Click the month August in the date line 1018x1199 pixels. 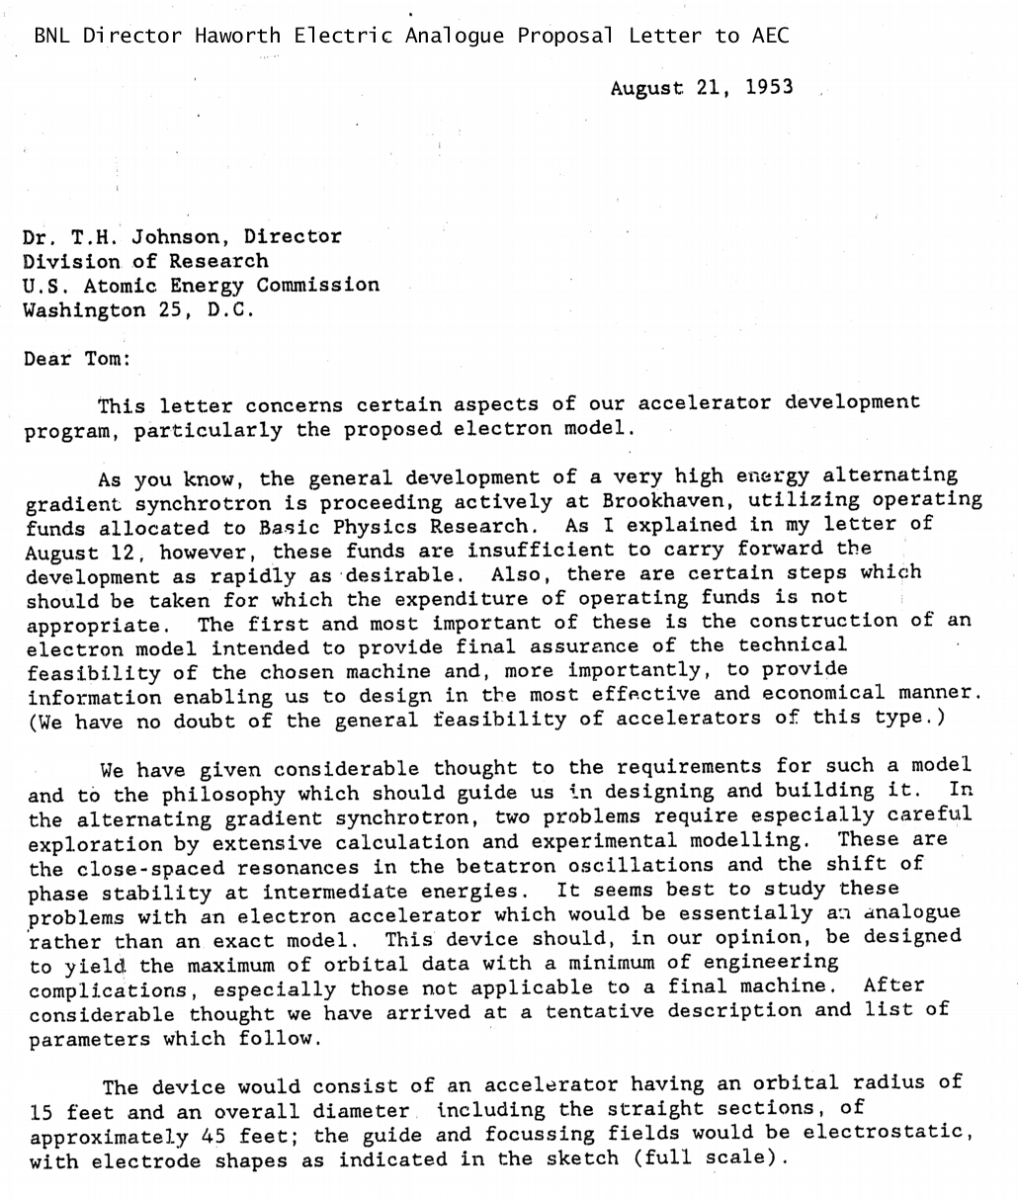pyautogui.click(x=646, y=87)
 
